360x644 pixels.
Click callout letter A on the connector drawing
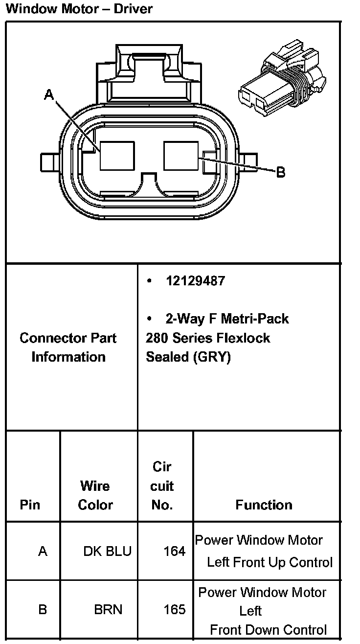[49, 94]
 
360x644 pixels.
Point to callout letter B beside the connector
[280, 172]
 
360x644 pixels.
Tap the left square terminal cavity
[117, 156]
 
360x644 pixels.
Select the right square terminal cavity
[181, 156]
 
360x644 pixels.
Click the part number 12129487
[195, 281]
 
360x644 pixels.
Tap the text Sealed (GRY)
[188, 357]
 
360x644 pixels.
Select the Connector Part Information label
[68, 347]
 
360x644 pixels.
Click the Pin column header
[30, 505]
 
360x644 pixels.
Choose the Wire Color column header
[95, 495]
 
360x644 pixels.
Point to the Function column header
[264, 505]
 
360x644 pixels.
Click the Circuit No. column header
[162, 486]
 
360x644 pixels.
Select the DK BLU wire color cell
[107, 552]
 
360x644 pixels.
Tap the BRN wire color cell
[108, 610]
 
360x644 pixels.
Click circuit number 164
[174, 552]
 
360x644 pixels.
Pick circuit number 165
[174, 610]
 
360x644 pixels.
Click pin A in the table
[43, 552]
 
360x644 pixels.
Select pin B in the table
[43, 610]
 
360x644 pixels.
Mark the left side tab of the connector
[49, 161]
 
